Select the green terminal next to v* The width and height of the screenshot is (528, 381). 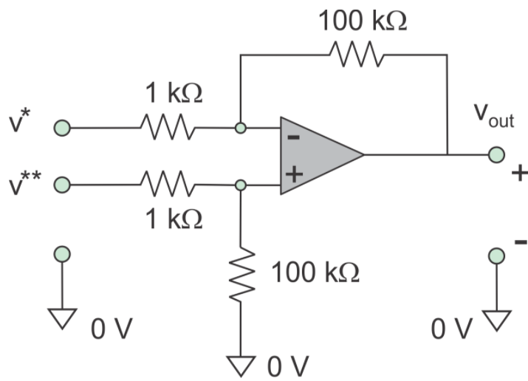pyautogui.click(x=62, y=128)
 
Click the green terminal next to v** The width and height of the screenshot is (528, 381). pyautogui.click(x=62, y=183)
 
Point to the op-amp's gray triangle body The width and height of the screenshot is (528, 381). pyautogui.click(x=318, y=155)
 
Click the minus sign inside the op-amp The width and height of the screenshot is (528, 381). pyautogui.click(x=293, y=137)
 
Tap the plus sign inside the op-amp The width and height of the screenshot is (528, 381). pyautogui.click(x=293, y=174)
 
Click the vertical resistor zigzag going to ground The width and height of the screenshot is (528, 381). pyautogui.click(x=239, y=275)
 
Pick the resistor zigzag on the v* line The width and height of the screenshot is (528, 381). pyautogui.click(x=168, y=128)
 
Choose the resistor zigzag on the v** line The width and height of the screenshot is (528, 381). pyautogui.click(x=168, y=183)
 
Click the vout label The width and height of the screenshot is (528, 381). pyautogui.click(x=494, y=118)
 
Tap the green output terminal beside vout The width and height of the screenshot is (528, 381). pyautogui.click(x=496, y=155)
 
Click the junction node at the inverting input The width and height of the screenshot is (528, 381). pyautogui.click(x=239, y=128)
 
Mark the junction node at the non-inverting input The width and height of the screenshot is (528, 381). pyautogui.click(x=239, y=183)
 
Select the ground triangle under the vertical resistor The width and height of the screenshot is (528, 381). pyautogui.click(x=239, y=363)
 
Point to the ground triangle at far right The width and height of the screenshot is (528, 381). pyautogui.click(x=496, y=320)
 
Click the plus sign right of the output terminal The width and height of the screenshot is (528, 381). pyautogui.click(x=519, y=174)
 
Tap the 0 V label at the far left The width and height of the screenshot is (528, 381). pyautogui.click(x=111, y=329)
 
